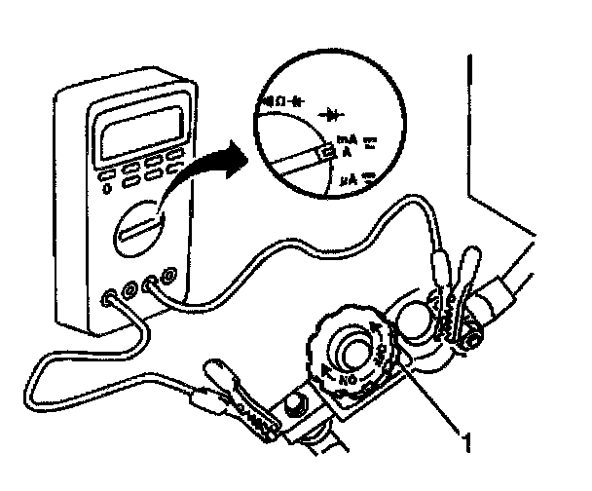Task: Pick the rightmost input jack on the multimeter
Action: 170,278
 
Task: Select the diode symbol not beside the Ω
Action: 328,114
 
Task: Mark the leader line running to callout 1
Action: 428,399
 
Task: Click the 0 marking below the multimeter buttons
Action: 106,187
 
